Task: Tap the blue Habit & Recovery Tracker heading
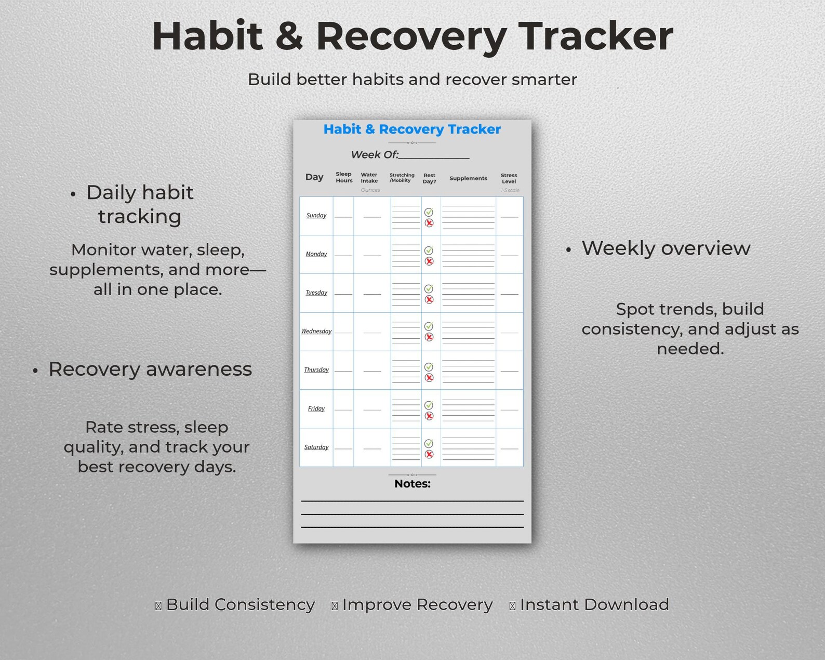click(412, 129)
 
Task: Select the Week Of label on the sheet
click(375, 155)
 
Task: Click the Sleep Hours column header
click(344, 177)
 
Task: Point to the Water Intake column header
click(369, 178)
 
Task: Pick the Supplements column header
click(468, 178)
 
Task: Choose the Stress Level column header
click(509, 178)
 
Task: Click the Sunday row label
click(316, 216)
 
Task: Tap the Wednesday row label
click(316, 332)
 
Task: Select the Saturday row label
click(316, 447)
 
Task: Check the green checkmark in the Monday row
click(429, 250)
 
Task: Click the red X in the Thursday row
click(429, 378)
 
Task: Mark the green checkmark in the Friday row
click(429, 405)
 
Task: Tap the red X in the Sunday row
click(429, 223)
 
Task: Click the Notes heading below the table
click(412, 484)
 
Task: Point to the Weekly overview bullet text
click(666, 248)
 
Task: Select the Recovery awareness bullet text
click(150, 369)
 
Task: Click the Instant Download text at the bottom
click(594, 604)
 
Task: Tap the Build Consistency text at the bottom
click(241, 604)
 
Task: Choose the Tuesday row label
click(316, 293)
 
